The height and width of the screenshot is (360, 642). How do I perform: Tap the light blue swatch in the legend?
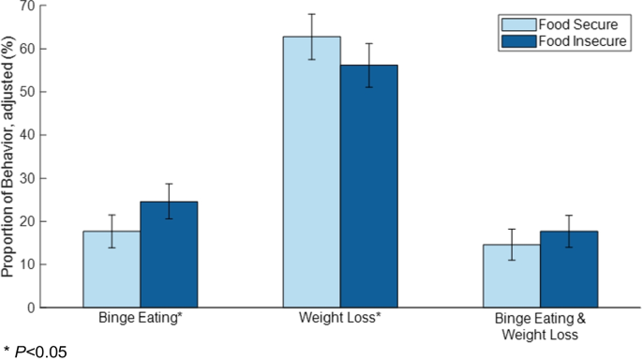[517, 24]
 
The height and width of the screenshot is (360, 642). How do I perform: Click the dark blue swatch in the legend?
[517, 42]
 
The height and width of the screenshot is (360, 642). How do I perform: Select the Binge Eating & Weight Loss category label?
[541, 326]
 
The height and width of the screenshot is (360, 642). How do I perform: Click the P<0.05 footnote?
[36, 352]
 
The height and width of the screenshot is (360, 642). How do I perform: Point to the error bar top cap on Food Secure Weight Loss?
[311, 14]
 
